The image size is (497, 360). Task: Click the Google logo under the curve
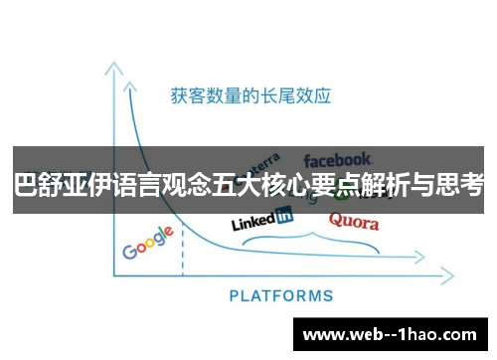pyautogui.click(x=148, y=243)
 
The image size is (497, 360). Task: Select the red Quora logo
pyautogui.click(x=353, y=221)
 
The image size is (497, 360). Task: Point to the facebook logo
pyautogui.click(x=337, y=159)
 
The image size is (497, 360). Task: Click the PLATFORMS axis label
pyautogui.click(x=281, y=295)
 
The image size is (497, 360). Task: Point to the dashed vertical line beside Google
pyautogui.click(x=183, y=254)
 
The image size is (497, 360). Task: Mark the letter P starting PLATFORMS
pyautogui.click(x=234, y=295)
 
